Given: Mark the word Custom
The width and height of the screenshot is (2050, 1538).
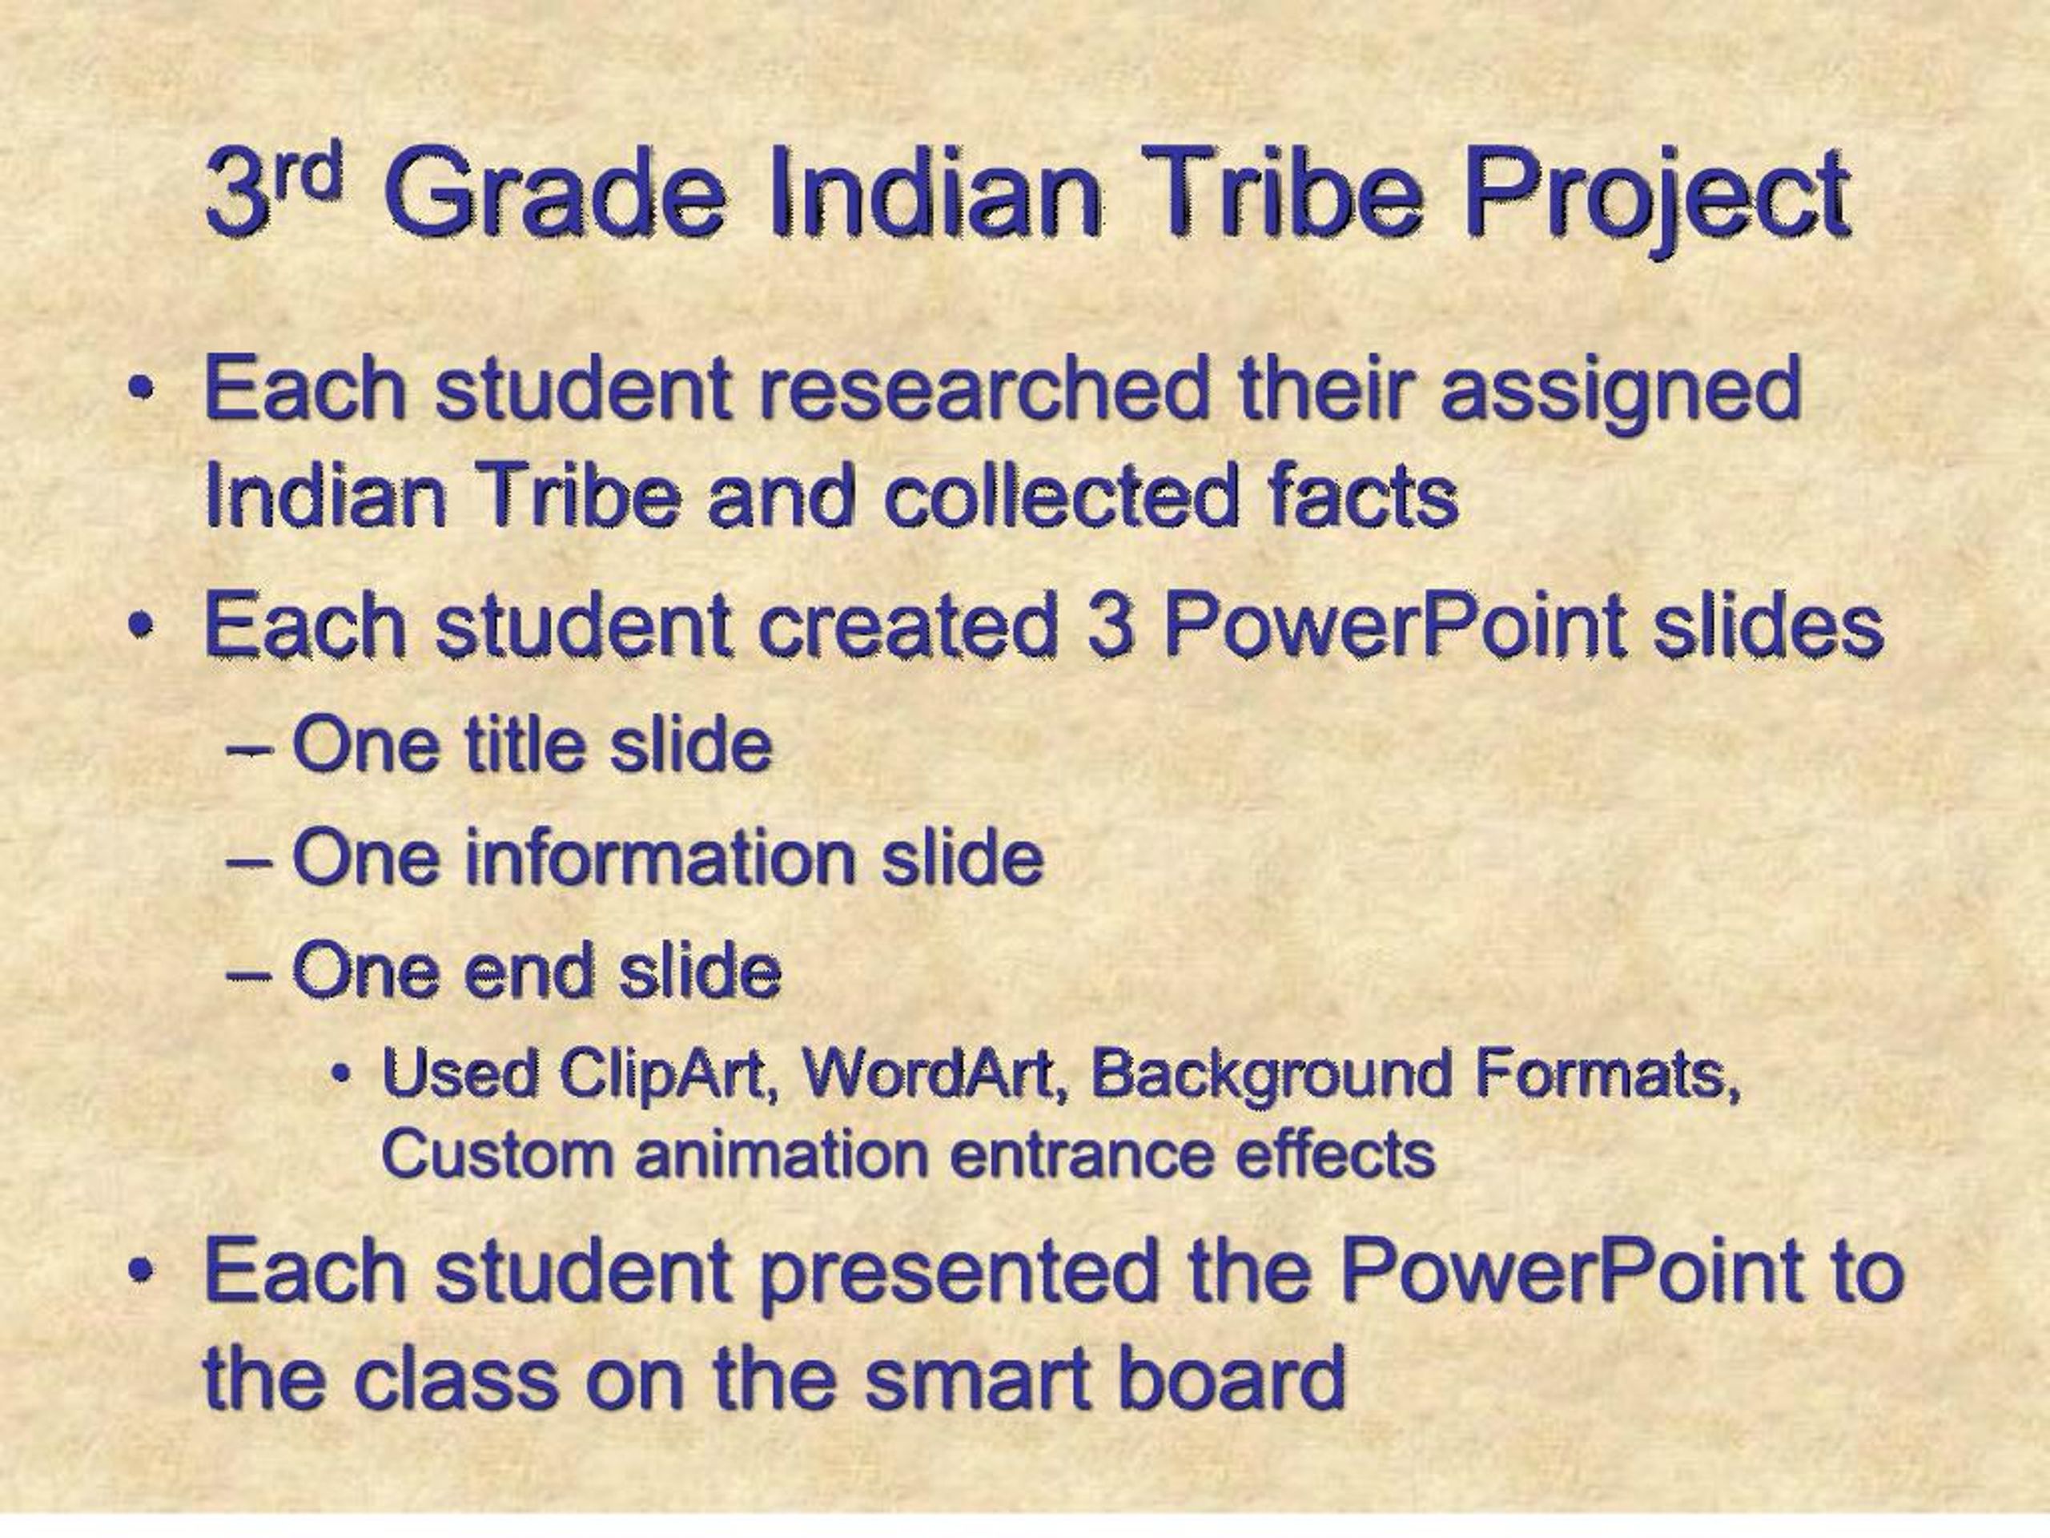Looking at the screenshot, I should coord(496,1155).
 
